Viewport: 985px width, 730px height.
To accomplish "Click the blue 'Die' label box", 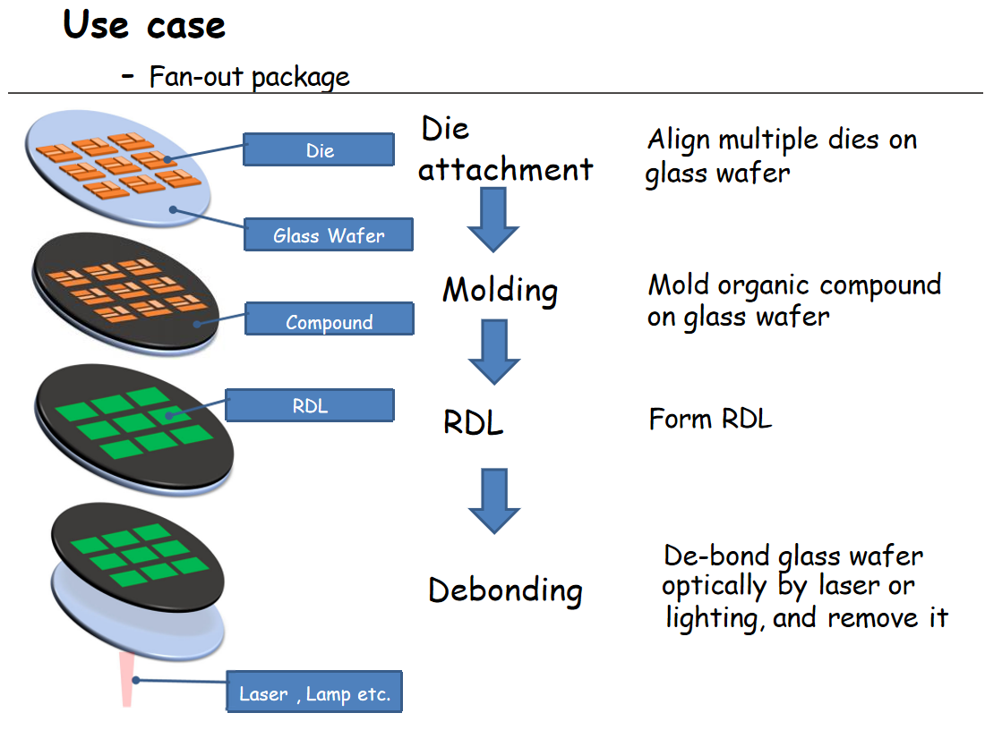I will [x=319, y=150].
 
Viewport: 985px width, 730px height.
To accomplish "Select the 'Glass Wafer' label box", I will [x=328, y=235].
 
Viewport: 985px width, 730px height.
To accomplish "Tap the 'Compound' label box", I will [x=329, y=321].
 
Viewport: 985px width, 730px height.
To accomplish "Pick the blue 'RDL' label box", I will [x=310, y=406].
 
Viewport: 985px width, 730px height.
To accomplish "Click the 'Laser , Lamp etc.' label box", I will [x=314, y=693].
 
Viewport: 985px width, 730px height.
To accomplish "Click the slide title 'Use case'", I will [x=144, y=26].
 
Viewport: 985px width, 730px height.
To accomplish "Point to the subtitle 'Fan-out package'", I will [x=249, y=77].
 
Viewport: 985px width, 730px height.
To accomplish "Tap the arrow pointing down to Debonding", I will [x=494, y=501].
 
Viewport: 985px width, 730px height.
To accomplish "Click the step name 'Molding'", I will [x=500, y=290].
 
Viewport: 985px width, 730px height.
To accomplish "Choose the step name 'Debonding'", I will [x=505, y=590].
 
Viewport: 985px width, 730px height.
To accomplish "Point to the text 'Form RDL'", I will [x=710, y=419].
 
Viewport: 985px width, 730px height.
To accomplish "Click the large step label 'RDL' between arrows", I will [x=474, y=422].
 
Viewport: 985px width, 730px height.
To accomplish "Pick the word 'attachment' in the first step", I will [x=506, y=169].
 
